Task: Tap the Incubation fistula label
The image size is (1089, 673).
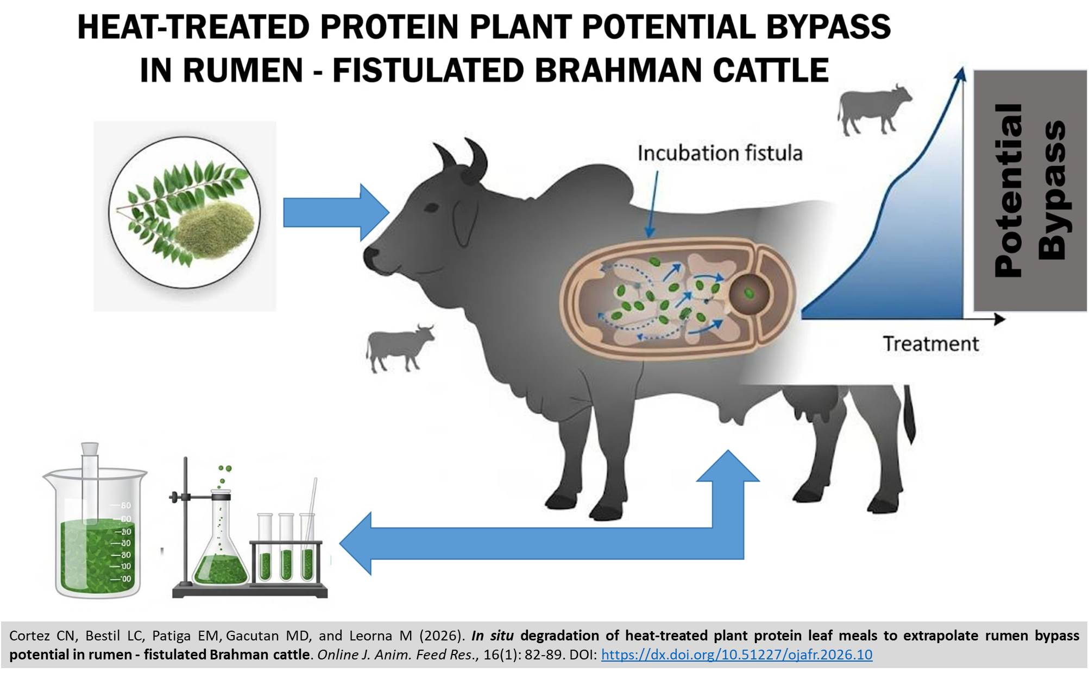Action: coord(720,153)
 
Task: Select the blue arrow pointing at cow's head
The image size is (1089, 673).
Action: coord(336,212)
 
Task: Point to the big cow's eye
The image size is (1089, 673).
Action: coord(432,208)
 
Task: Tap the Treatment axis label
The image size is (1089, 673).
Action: coord(930,344)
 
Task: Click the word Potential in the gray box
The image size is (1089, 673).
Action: coord(1008,191)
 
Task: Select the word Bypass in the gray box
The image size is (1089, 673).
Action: coord(1052,191)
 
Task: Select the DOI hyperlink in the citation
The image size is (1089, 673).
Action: coord(737,655)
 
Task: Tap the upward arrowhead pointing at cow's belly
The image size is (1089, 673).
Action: coord(728,467)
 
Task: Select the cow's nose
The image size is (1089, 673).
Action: coord(371,253)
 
